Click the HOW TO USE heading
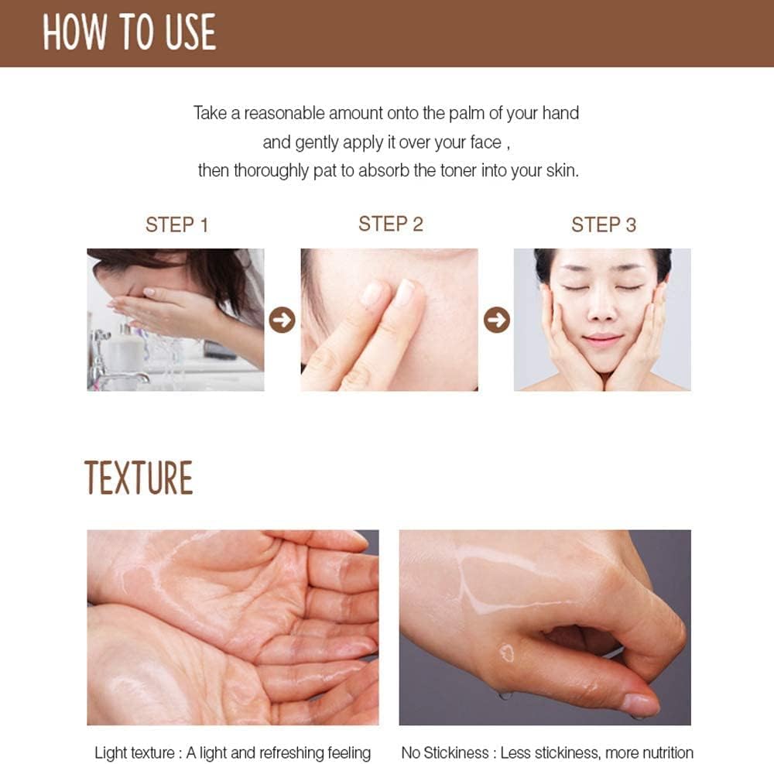[129, 33]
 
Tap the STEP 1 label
[176, 225]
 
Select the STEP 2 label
[390, 224]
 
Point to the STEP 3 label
[603, 225]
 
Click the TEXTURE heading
[139, 478]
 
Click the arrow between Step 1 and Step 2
[282, 320]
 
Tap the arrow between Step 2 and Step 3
[496, 320]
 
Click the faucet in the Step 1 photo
[108, 364]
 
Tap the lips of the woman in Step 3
[601, 339]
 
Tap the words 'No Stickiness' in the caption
[446, 752]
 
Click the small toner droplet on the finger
[507, 653]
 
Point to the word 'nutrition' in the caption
[663, 752]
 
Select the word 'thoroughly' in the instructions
[270, 170]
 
